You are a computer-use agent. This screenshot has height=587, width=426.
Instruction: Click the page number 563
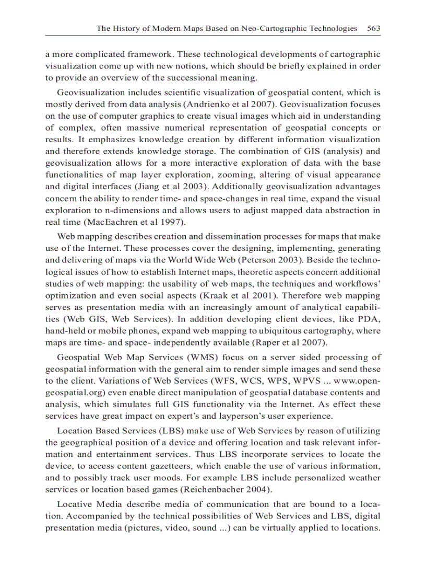point(374,28)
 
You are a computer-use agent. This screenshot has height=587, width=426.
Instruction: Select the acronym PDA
point(370,319)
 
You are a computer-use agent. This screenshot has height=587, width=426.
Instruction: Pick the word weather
point(364,477)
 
